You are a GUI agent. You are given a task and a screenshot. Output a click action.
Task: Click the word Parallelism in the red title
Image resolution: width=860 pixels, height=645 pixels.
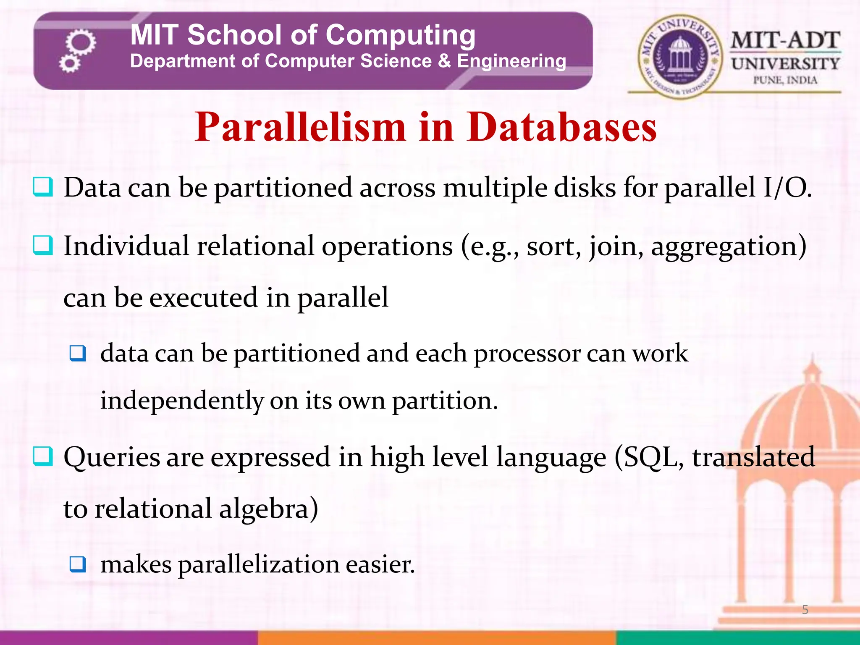pyautogui.click(x=300, y=127)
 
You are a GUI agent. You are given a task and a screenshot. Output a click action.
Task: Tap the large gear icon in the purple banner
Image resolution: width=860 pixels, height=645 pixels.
pyautogui.click(x=81, y=42)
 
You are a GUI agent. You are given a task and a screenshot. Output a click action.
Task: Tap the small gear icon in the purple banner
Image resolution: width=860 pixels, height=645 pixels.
pyautogui.click(x=69, y=64)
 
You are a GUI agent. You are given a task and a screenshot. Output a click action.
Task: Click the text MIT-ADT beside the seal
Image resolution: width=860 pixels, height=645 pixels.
pyautogui.click(x=785, y=41)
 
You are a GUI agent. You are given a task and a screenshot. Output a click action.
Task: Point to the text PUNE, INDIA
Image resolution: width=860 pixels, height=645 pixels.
pyautogui.click(x=785, y=80)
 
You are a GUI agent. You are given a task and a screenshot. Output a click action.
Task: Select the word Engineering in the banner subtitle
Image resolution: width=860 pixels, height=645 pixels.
pyautogui.click(x=511, y=61)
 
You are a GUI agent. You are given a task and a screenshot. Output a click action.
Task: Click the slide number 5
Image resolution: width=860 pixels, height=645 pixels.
pyautogui.click(x=805, y=609)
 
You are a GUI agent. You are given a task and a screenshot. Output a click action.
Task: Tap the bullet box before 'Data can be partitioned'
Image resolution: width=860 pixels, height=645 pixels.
pyautogui.click(x=43, y=187)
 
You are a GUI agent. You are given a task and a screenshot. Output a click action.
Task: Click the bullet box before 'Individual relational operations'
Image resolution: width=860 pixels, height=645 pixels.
pyautogui.click(x=43, y=246)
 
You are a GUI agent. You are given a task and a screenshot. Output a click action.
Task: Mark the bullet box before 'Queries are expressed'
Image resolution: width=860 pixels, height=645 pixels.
pyautogui.click(x=43, y=457)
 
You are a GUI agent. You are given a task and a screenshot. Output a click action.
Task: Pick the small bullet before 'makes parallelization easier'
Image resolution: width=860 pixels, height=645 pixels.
pyautogui.click(x=78, y=564)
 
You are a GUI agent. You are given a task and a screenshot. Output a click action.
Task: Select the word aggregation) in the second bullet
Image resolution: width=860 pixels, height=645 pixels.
pyautogui.click(x=728, y=246)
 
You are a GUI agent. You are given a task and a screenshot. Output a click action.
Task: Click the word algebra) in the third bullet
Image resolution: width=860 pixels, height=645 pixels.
pyautogui.click(x=269, y=509)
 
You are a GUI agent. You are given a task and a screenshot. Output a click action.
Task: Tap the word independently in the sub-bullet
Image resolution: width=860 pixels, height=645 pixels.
pyautogui.click(x=182, y=401)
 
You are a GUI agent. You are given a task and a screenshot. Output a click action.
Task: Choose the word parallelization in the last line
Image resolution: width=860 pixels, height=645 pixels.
pyautogui.click(x=259, y=565)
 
